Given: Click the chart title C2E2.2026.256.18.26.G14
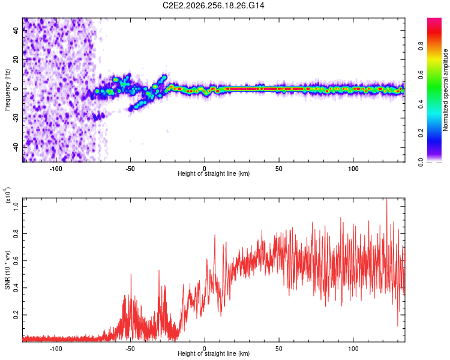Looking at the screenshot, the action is (x=213, y=5).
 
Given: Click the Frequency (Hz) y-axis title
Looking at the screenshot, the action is (x=7, y=90).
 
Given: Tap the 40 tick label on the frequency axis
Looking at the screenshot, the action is (x=16, y=30).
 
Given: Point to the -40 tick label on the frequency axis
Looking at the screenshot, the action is (x=16, y=148).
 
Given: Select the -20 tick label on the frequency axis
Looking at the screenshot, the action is (x=16, y=118).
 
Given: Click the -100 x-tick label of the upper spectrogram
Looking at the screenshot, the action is (x=56, y=169).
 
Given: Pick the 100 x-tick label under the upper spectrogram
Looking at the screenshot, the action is (x=353, y=169).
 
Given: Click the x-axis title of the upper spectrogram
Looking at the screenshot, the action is (x=214, y=173).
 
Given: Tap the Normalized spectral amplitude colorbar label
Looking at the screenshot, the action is (x=445, y=90).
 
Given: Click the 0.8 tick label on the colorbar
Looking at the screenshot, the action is (x=421, y=46).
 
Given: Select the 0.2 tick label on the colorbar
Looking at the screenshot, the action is (x=421, y=133).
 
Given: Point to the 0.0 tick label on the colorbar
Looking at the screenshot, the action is (x=421, y=162).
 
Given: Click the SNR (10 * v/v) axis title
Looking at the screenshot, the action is (x=7, y=270).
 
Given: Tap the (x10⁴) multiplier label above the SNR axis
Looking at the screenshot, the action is (x=8, y=195).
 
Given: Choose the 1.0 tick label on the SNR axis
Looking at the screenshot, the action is (x=16, y=206).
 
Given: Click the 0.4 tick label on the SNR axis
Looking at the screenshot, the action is (x=16, y=287).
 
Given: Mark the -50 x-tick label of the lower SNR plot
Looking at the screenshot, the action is (x=130, y=349).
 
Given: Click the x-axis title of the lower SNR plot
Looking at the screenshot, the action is (x=214, y=353).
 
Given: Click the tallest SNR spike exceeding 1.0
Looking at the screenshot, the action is (x=386, y=199).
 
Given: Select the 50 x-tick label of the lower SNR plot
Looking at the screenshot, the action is (x=278, y=349).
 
